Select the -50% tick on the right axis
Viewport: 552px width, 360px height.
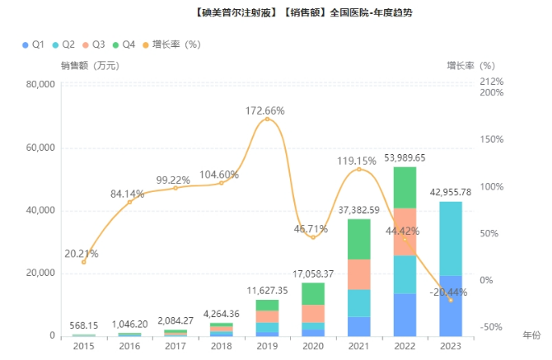[x=491, y=327]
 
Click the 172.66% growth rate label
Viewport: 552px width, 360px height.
[x=266, y=110]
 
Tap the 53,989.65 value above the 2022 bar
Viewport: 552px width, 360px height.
[x=405, y=157]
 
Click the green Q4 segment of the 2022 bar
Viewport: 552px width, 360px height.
[x=405, y=187]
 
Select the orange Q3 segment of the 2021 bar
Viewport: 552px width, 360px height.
[x=358, y=274]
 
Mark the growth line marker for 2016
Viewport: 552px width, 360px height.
[x=129, y=202]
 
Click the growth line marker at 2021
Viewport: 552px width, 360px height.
[x=358, y=170]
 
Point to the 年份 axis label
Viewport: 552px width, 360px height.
[x=532, y=335]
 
